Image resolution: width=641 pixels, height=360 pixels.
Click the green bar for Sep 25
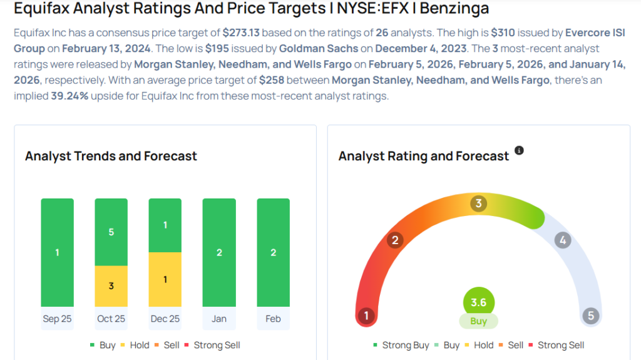pyautogui.click(x=57, y=252)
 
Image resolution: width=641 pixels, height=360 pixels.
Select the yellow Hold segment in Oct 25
pyautogui.click(x=111, y=286)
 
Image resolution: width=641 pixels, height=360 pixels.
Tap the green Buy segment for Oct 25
pyautogui.click(x=111, y=232)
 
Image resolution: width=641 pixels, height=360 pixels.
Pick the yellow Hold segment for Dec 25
pyautogui.click(x=165, y=279)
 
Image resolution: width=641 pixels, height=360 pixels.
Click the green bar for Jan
pyautogui.click(x=219, y=252)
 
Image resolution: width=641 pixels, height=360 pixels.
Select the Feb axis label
pyautogui.click(x=273, y=319)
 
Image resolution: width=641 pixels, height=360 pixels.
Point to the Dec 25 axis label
pyautogui.click(x=165, y=319)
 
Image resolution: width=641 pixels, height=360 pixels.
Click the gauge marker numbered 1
pyautogui.click(x=367, y=316)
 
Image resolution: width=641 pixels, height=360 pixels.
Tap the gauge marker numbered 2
pyautogui.click(x=394, y=240)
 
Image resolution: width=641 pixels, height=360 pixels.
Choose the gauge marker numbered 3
pyautogui.click(x=479, y=203)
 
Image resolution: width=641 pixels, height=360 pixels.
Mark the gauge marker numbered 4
pyautogui.click(x=563, y=240)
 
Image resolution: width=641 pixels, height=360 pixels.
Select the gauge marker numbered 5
pyautogui.click(x=590, y=316)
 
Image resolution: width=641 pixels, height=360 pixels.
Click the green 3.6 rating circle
pyautogui.click(x=479, y=302)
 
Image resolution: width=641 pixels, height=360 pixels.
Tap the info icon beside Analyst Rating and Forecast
pyautogui.click(x=519, y=151)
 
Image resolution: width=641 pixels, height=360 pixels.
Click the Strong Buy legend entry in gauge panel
pyautogui.click(x=401, y=345)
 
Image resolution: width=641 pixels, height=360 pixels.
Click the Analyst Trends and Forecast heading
pyautogui.click(x=111, y=156)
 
